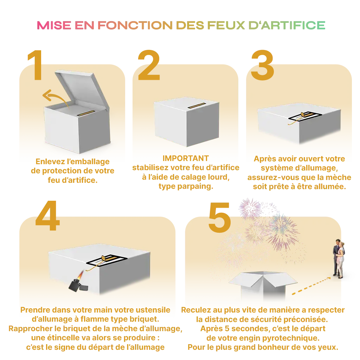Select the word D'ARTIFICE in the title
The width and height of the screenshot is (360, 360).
point(285,26)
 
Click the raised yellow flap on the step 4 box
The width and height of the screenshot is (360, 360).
point(103,258)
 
